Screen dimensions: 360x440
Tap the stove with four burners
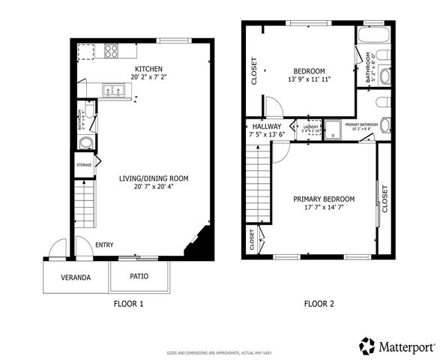coord(111,51)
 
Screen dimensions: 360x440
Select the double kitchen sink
coord(114,91)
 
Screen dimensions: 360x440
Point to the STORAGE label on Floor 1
coord(84,165)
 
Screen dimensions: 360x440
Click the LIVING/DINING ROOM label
coord(153,178)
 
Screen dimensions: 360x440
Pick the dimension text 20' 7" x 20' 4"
coord(153,187)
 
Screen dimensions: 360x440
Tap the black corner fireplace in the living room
coord(199,247)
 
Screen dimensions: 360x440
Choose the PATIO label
coord(139,276)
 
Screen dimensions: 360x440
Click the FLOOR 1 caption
coord(127,304)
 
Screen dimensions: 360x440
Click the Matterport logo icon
coord(367,346)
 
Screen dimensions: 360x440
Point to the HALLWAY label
coord(266,127)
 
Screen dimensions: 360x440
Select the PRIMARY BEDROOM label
coord(324,199)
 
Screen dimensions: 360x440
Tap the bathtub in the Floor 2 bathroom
coord(370,37)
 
